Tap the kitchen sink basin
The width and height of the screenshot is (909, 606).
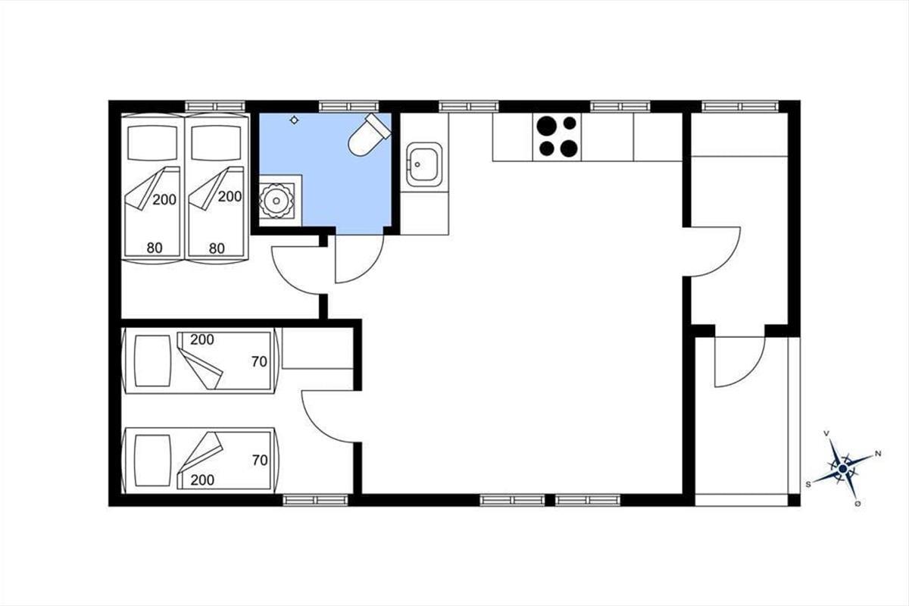424,164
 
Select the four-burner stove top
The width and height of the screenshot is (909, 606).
557,137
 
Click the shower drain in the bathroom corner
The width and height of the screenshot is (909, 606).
276,201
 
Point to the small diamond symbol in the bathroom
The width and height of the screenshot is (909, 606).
294,120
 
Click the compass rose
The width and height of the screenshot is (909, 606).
842,470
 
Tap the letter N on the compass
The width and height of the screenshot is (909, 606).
878,454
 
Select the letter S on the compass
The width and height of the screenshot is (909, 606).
808,484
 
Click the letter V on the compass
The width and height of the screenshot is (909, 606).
826,434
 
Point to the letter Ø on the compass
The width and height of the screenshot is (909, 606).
857,504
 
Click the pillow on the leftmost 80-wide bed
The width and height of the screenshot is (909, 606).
152,142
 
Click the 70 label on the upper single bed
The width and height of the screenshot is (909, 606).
259,361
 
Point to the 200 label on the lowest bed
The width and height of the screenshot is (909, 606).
202,480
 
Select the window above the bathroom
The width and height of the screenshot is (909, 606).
348,106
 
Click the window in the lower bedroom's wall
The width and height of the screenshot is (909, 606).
315,500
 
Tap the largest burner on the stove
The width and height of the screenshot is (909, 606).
546,125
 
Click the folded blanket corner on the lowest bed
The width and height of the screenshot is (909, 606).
201,452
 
